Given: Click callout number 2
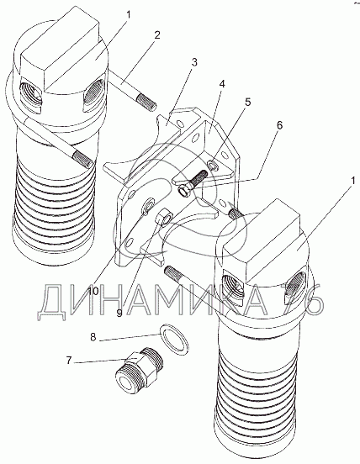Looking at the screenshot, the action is tap(157, 35).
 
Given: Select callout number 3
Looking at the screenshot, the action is tap(194, 62).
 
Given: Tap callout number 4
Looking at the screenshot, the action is tap(222, 84).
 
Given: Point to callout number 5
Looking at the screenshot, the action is tap(247, 102).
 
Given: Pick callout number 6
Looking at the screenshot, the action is tap(279, 125).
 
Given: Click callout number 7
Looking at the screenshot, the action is tap(69, 361).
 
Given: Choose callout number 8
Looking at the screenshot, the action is tap(93, 337).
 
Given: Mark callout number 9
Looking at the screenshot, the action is tap(119, 313).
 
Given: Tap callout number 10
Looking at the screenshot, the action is tap(93, 291).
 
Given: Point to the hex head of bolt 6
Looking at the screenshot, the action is tap(185, 190).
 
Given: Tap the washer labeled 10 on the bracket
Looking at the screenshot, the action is tap(147, 206).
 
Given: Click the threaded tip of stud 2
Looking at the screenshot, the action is tap(146, 103).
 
